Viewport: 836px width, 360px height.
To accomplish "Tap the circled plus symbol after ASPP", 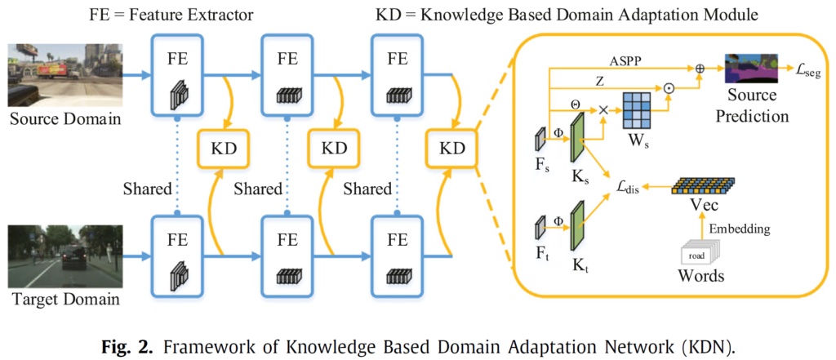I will click(x=700, y=70).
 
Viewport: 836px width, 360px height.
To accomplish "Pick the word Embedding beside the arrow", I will click(x=739, y=229).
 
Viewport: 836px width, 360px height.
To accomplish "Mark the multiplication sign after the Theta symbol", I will click(x=604, y=109).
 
